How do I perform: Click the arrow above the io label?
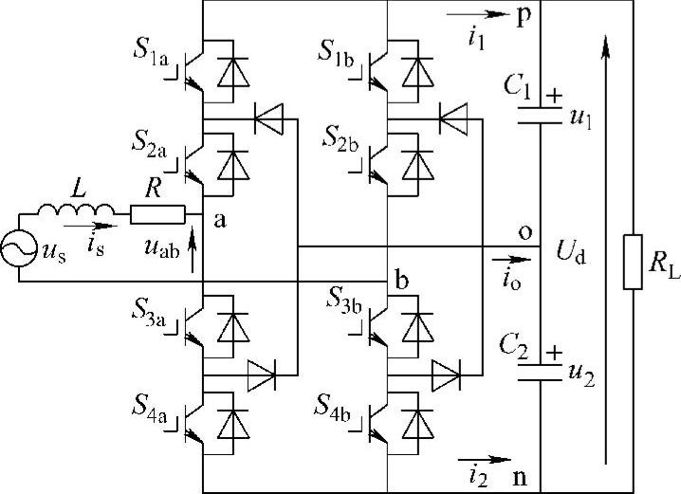[x=509, y=256]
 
